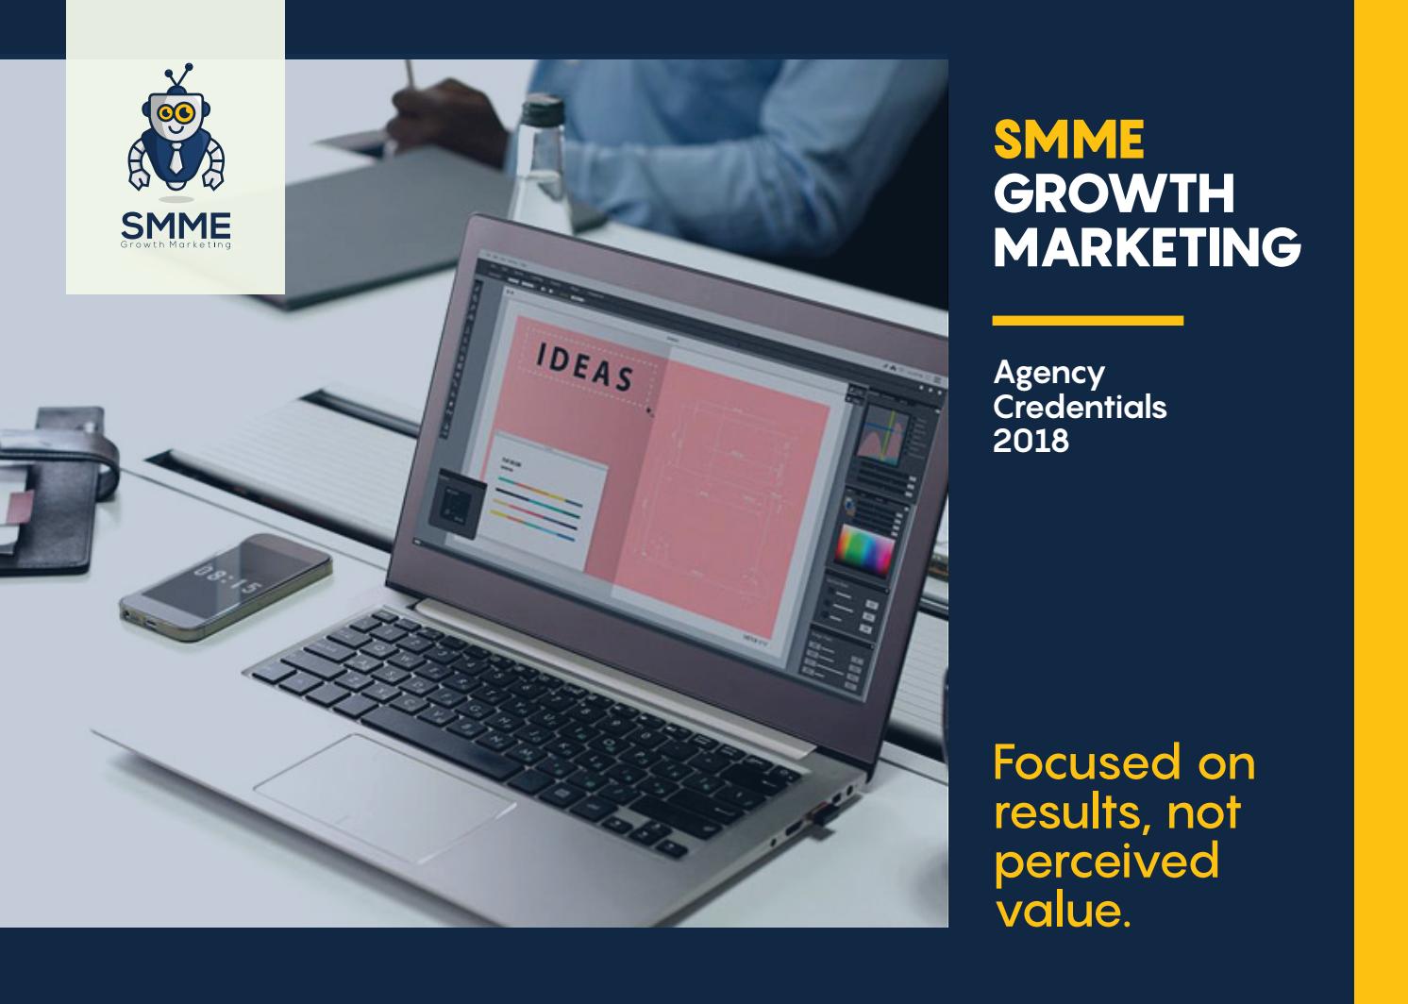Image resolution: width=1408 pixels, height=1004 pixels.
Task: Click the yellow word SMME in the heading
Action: pyautogui.click(x=1068, y=141)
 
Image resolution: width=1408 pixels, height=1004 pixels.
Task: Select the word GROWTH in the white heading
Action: pyautogui.click(x=1114, y=193)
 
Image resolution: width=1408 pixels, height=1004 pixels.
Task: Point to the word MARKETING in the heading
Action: pyautogui.click(x=1147, y=246)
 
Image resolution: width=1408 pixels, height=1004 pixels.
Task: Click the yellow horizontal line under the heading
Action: pyautogui.click(x=1087, y=321)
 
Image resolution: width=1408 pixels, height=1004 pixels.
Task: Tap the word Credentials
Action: pyautogui.click(x=1080, y=407)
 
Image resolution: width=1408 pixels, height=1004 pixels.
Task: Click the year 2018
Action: pyautogui.click(x=1031, y=441)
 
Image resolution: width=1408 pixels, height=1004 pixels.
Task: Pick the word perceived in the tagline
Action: pyautogui.click(x=1106, y=862)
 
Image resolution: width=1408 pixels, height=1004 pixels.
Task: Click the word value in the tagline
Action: pyautogui.click(x=1061, y=912)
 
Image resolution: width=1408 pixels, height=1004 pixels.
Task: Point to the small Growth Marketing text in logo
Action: pyautogui.click(x=176, y=244)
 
